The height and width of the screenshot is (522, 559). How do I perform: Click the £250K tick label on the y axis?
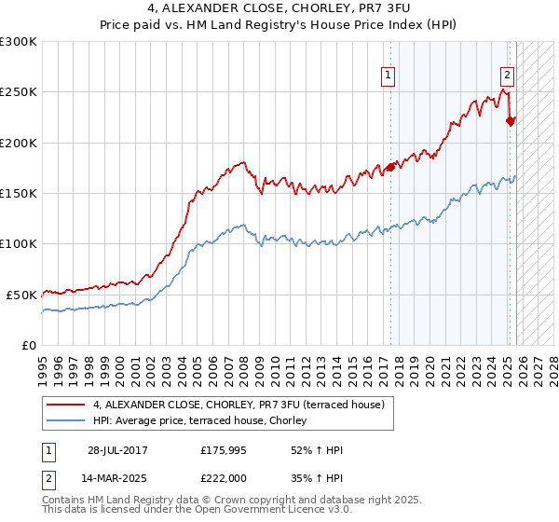(19, 92)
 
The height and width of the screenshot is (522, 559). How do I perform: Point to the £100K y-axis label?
(19, 243)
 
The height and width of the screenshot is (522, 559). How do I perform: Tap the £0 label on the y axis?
(30, 345)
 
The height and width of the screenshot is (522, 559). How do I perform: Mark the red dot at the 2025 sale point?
(510, 120)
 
